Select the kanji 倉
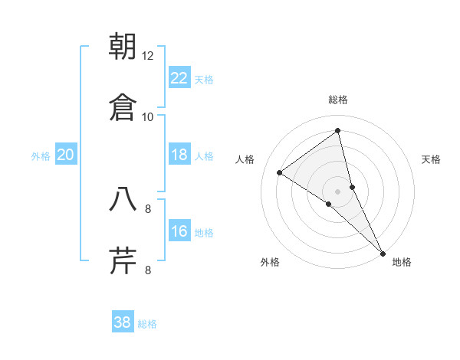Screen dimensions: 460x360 123,107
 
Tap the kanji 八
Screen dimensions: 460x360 123,199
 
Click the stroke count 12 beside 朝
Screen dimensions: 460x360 148,55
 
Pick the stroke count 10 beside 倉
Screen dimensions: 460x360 148,116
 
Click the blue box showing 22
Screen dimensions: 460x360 179,78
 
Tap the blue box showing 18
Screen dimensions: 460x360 179,155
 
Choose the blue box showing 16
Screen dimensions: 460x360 179,231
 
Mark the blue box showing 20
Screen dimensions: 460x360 66,155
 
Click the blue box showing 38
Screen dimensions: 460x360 123,322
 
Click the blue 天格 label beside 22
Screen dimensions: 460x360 204,80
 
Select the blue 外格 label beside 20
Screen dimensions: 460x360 41,156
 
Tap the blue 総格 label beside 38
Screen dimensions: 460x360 147,324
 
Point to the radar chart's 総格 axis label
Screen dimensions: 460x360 338,100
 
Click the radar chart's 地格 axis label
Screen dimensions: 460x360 402,262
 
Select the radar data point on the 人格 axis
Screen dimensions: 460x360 280,172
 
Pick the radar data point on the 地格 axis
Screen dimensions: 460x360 383,253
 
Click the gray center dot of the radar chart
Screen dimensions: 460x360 338,190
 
